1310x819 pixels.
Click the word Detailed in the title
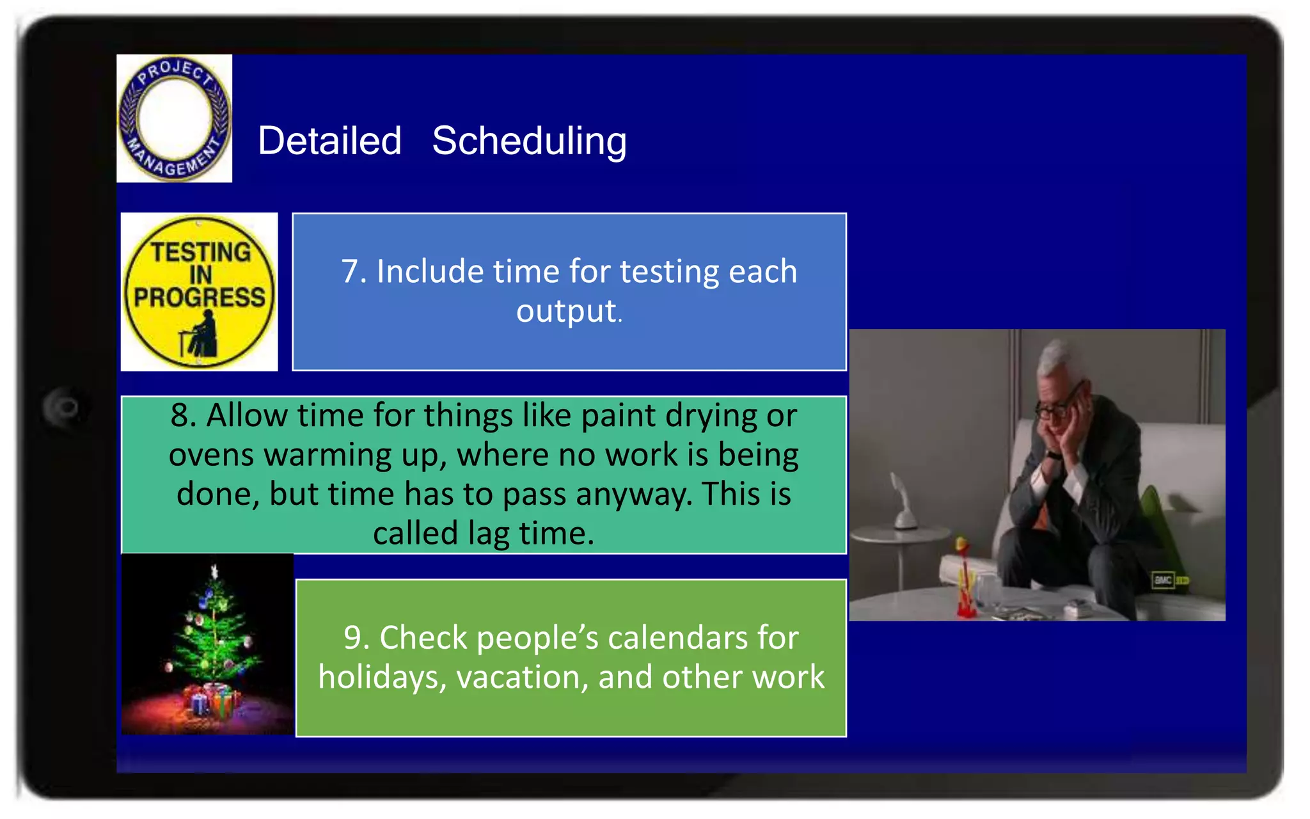329,141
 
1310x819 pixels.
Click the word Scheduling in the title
529,141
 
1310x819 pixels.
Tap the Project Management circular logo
174,118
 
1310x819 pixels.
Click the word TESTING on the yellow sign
201,251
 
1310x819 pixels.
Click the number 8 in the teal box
179,415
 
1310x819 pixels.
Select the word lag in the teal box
489,534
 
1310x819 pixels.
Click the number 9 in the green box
352,638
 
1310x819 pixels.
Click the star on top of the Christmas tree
215,570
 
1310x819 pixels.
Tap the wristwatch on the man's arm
1053,455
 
